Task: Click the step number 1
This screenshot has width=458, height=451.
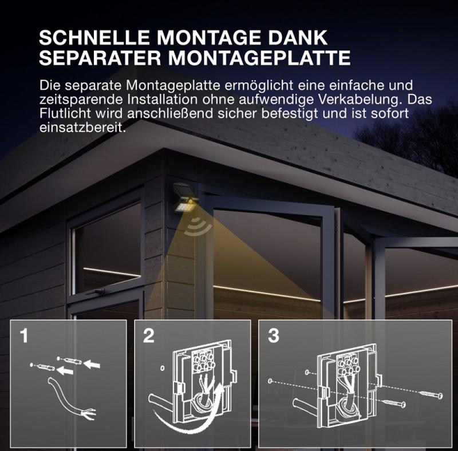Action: [x=24, y=336]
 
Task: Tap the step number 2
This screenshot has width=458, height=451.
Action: [x=148, y=336]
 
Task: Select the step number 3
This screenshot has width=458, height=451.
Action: [x=273, y=336]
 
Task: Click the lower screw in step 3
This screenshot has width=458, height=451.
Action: [x=394, y=404]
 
